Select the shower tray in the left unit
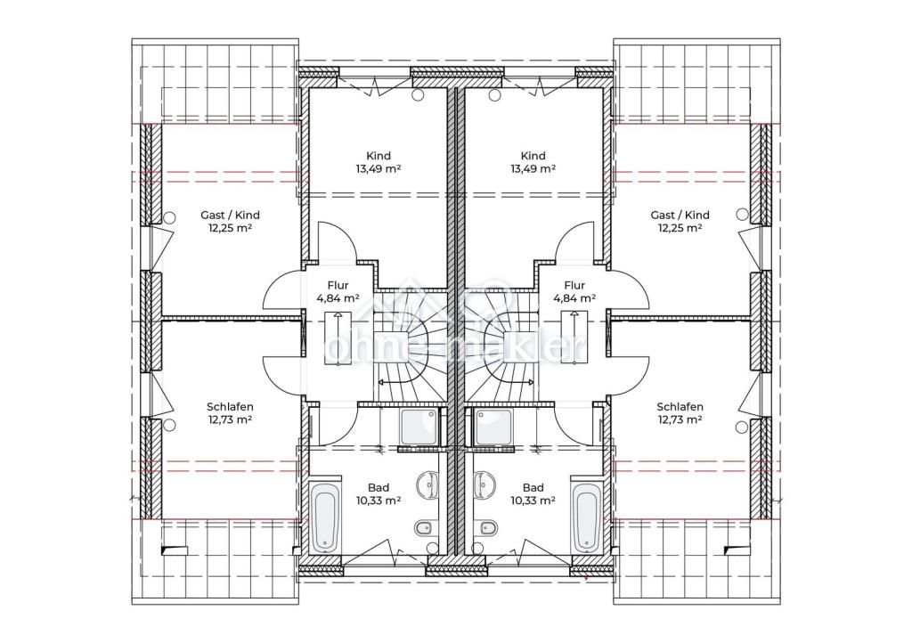click(x=419, y=427)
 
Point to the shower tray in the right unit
click(x=493, y=427)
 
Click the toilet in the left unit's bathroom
click(x=423, y=528)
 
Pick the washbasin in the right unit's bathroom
click(x=485, y=484)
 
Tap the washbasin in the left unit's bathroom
click(x=427, y=484)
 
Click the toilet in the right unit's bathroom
click(x=487, y=528)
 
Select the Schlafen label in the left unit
click(x=230, y=407)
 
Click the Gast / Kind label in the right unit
click(x=680, y=216)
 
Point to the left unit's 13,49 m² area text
click(x=379, y=168)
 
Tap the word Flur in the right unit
click(x=574, y=286)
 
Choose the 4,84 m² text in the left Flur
click(x=338, y=298)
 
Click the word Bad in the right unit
click(x=533, y=488)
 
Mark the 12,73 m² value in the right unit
click(x=680, y=419)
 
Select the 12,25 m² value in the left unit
click(x=230, y=228)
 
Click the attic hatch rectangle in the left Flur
click(x=338, y=338)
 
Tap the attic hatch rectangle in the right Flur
click(x=574, y=338)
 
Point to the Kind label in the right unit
click(x=533, y=156)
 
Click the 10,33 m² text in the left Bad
click(x=379, y=501)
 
